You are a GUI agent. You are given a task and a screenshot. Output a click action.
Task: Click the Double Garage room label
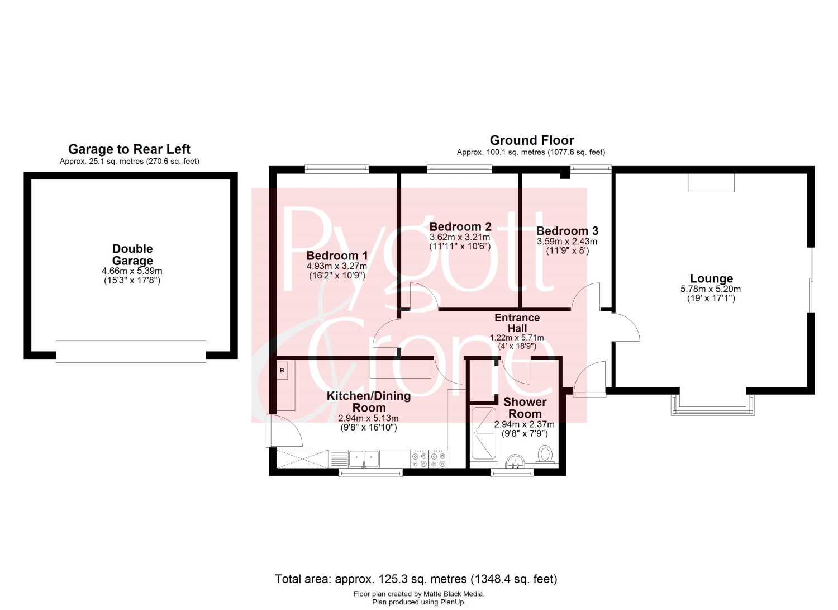point(132,254)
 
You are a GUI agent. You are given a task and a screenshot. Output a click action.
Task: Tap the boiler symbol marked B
point(282,370)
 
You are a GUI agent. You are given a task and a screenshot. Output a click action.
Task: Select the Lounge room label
point(711,278)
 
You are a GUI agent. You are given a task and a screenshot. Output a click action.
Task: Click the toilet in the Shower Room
point(546,454)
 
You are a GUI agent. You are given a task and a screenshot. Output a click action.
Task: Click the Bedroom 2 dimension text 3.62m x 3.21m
point(460,237)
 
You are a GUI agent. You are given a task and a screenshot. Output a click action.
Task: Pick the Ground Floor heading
point(532,140)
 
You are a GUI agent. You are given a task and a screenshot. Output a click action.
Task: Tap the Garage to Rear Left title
point(130,149)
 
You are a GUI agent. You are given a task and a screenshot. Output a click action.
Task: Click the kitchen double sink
point(364,458)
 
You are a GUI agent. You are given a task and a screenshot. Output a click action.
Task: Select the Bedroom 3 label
point(567,230)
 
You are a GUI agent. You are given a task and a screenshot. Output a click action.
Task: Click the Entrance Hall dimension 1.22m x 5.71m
point(517,337)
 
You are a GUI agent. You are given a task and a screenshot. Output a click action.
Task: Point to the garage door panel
point(131,351)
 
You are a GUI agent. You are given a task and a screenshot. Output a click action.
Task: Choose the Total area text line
point(416,579)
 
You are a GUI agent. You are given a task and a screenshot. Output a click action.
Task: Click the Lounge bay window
point(713,406)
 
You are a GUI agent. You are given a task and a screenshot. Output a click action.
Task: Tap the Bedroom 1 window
point(337,169)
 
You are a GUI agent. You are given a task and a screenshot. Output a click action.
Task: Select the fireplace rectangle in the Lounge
point(711,183)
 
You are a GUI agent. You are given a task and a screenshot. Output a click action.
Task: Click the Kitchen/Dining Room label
point(369,401)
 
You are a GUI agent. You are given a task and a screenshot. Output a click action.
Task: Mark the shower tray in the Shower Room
point(484,433)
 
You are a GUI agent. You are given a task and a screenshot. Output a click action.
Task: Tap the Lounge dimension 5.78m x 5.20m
point(711,289)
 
